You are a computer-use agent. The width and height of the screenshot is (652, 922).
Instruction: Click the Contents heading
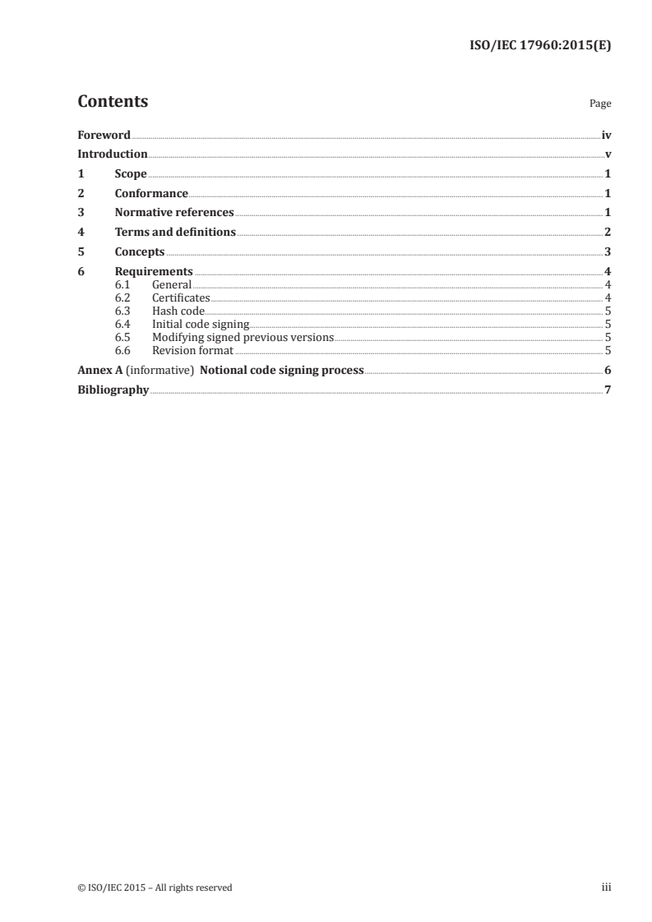click(x=113, y=102)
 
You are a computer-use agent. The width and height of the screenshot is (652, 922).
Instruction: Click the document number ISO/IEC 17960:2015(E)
click(x=533, y=46)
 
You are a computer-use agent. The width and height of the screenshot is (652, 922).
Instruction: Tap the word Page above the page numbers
click(x=600, y=104)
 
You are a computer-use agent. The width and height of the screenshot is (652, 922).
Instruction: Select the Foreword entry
click(x=104, y=135)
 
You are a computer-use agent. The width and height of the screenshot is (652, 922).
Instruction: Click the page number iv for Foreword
click(x=606, y=135)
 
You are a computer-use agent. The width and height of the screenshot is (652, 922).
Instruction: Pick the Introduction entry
click(x=113, y=154)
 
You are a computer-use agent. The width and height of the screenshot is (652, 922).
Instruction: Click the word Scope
click(x=131, y=174)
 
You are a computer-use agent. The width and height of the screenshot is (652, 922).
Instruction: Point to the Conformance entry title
click(x=151, y=194)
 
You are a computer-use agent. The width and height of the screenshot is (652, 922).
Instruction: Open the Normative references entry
click(x=174, y=213)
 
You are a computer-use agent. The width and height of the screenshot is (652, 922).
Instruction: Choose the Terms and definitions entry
click(x=175, y=233)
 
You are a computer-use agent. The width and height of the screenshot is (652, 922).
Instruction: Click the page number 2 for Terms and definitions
click(x=608, y=233)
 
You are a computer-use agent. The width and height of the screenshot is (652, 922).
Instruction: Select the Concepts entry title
click(x=140, y=252)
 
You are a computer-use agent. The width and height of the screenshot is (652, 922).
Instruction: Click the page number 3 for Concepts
click(x=608, y=252)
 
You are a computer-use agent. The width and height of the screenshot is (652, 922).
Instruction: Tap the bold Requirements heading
click(x=154, y=272)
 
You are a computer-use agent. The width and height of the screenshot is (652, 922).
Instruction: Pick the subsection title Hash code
click(x=178, y=311)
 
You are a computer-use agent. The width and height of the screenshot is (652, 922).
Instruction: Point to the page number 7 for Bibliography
click(x=608, y=390)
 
